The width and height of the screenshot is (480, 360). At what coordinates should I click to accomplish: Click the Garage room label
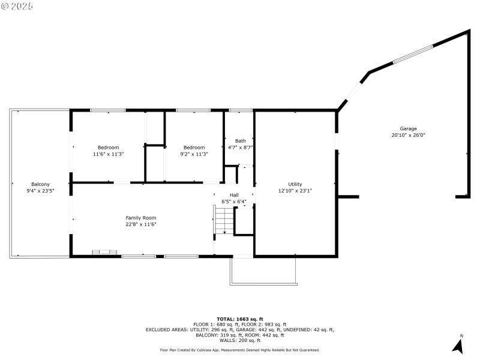409,128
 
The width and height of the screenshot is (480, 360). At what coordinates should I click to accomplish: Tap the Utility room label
295,184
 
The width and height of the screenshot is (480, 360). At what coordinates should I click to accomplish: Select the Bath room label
240,141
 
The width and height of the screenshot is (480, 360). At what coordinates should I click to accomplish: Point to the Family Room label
141,218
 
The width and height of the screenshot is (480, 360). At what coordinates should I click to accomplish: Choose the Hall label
234,195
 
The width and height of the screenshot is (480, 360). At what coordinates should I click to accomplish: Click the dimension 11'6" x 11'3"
109,154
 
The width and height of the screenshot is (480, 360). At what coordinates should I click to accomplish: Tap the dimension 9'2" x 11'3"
194,154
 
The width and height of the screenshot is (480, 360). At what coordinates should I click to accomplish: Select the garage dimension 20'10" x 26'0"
409,135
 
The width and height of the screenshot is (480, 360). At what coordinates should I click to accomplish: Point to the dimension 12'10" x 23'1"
295,191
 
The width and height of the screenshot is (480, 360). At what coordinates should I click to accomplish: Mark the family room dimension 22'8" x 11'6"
141,224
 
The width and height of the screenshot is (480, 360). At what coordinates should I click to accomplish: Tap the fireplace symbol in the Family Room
100,253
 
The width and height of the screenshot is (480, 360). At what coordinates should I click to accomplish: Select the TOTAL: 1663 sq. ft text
240,319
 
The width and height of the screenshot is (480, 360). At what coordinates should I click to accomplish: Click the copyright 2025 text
17,5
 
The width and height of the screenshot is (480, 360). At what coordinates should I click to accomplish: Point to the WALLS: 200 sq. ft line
240,340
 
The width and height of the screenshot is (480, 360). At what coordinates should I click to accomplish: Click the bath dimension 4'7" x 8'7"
240,148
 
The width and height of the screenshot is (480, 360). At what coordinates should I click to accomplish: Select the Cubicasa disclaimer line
240,350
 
